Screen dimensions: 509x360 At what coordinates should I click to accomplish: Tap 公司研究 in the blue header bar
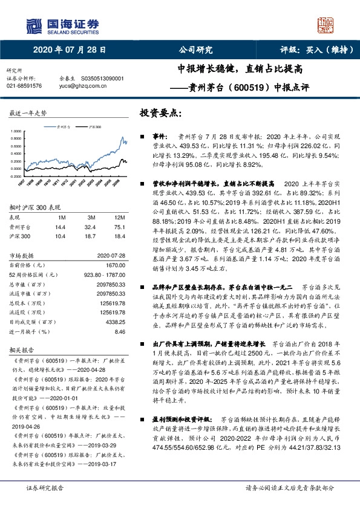pyautogui.click(x=196, y=51)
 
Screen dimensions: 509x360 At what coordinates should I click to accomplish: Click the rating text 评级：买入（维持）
pyautogui.click(x=309, y=51)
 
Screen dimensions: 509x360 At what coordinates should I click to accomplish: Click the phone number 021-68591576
pyautogui.click(x=24, y=86)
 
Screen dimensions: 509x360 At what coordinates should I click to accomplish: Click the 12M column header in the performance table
pyautogui.click(x=119, y=217)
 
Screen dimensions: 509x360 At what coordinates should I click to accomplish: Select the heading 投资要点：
pyautogui.click(x=161, y=113)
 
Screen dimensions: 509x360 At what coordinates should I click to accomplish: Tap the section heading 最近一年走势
pyautogui.click(x=28, y=113)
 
